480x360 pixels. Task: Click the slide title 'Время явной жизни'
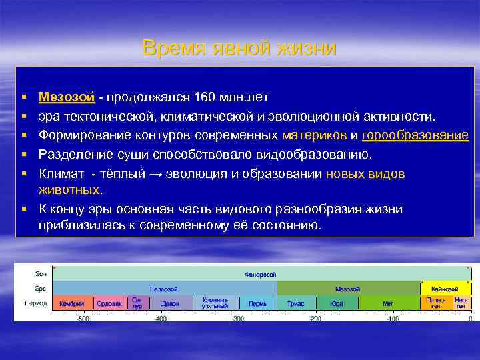(239, 49)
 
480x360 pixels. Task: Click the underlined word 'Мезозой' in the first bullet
(67, 98)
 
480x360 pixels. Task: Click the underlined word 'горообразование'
(415, 135)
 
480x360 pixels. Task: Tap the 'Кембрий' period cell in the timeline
(72, 304)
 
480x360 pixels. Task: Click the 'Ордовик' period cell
(109, 304)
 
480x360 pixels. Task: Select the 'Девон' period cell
(170, 304)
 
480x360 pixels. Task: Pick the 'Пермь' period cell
(257, 304)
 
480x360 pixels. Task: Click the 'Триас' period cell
(295, 304)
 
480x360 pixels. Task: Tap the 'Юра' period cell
(337, 304)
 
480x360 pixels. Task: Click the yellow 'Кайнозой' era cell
(444, 289)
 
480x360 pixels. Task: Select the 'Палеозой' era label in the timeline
(163, 289)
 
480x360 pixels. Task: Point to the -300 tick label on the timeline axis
(237, 319)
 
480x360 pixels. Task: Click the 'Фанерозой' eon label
(261, 274)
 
